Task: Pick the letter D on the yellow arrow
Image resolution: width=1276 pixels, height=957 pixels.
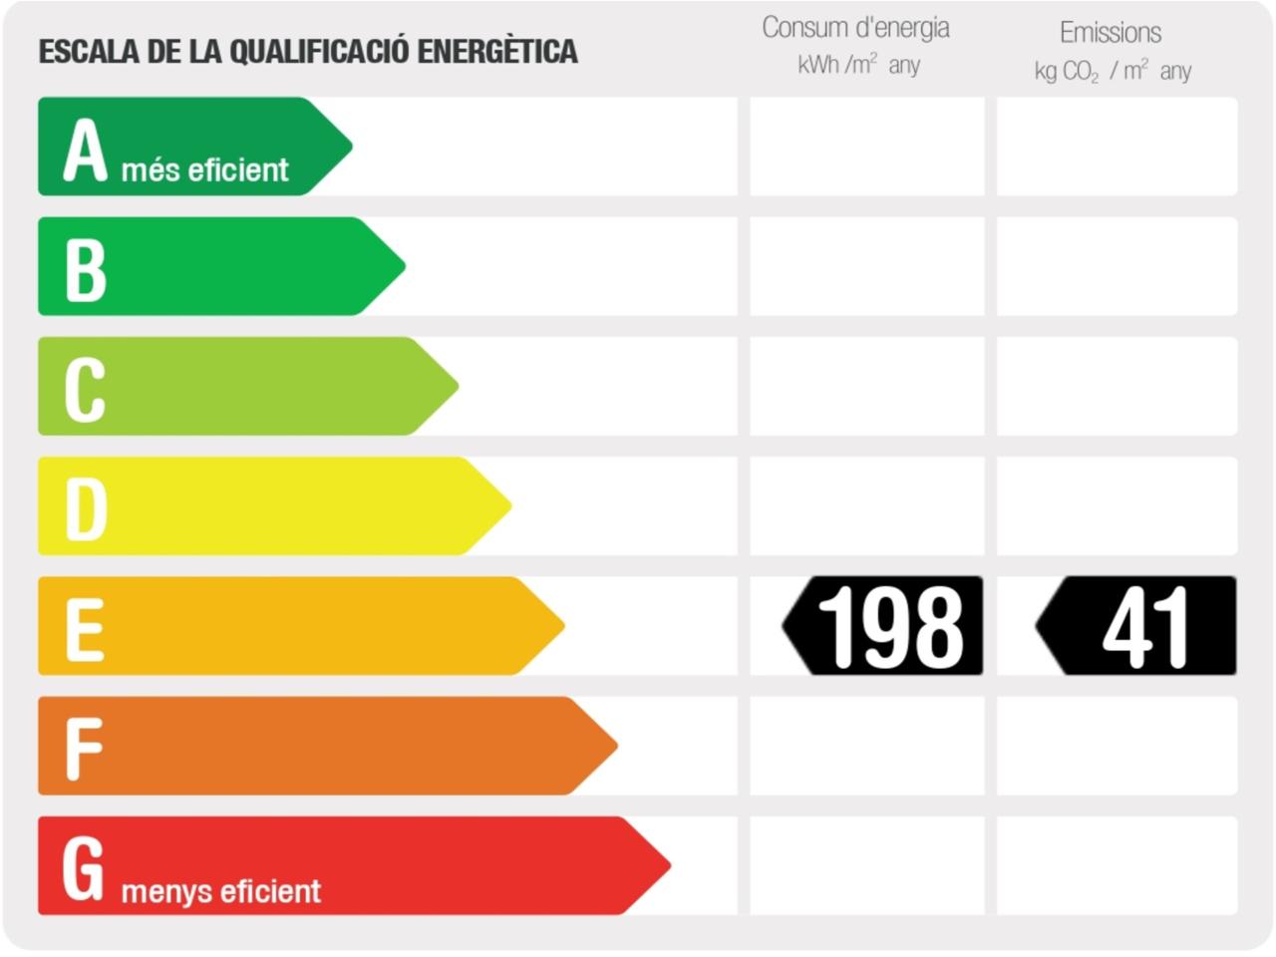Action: [86, 508]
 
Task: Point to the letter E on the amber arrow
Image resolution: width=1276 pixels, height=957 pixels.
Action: [85, 629]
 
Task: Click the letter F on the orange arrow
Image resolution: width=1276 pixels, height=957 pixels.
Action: [84, 749]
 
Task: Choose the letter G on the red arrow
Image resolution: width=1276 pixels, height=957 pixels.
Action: [83, 867]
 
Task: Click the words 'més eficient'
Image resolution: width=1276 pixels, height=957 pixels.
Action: [204, 170]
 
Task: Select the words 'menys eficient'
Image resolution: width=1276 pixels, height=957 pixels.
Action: [220, 891]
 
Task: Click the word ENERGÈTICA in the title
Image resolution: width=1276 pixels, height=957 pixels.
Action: [496, 52]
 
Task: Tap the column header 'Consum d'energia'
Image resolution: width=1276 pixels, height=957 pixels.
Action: [855, 28]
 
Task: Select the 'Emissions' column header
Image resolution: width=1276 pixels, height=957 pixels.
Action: [1111, 33]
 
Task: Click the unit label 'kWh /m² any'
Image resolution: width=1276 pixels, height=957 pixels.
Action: [858, 66]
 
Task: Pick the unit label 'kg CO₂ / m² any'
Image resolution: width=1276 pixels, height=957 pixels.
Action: [1113, 71]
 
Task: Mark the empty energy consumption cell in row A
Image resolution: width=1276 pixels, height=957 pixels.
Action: [866, 147]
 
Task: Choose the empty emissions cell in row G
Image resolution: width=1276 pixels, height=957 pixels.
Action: [1116, 865]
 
